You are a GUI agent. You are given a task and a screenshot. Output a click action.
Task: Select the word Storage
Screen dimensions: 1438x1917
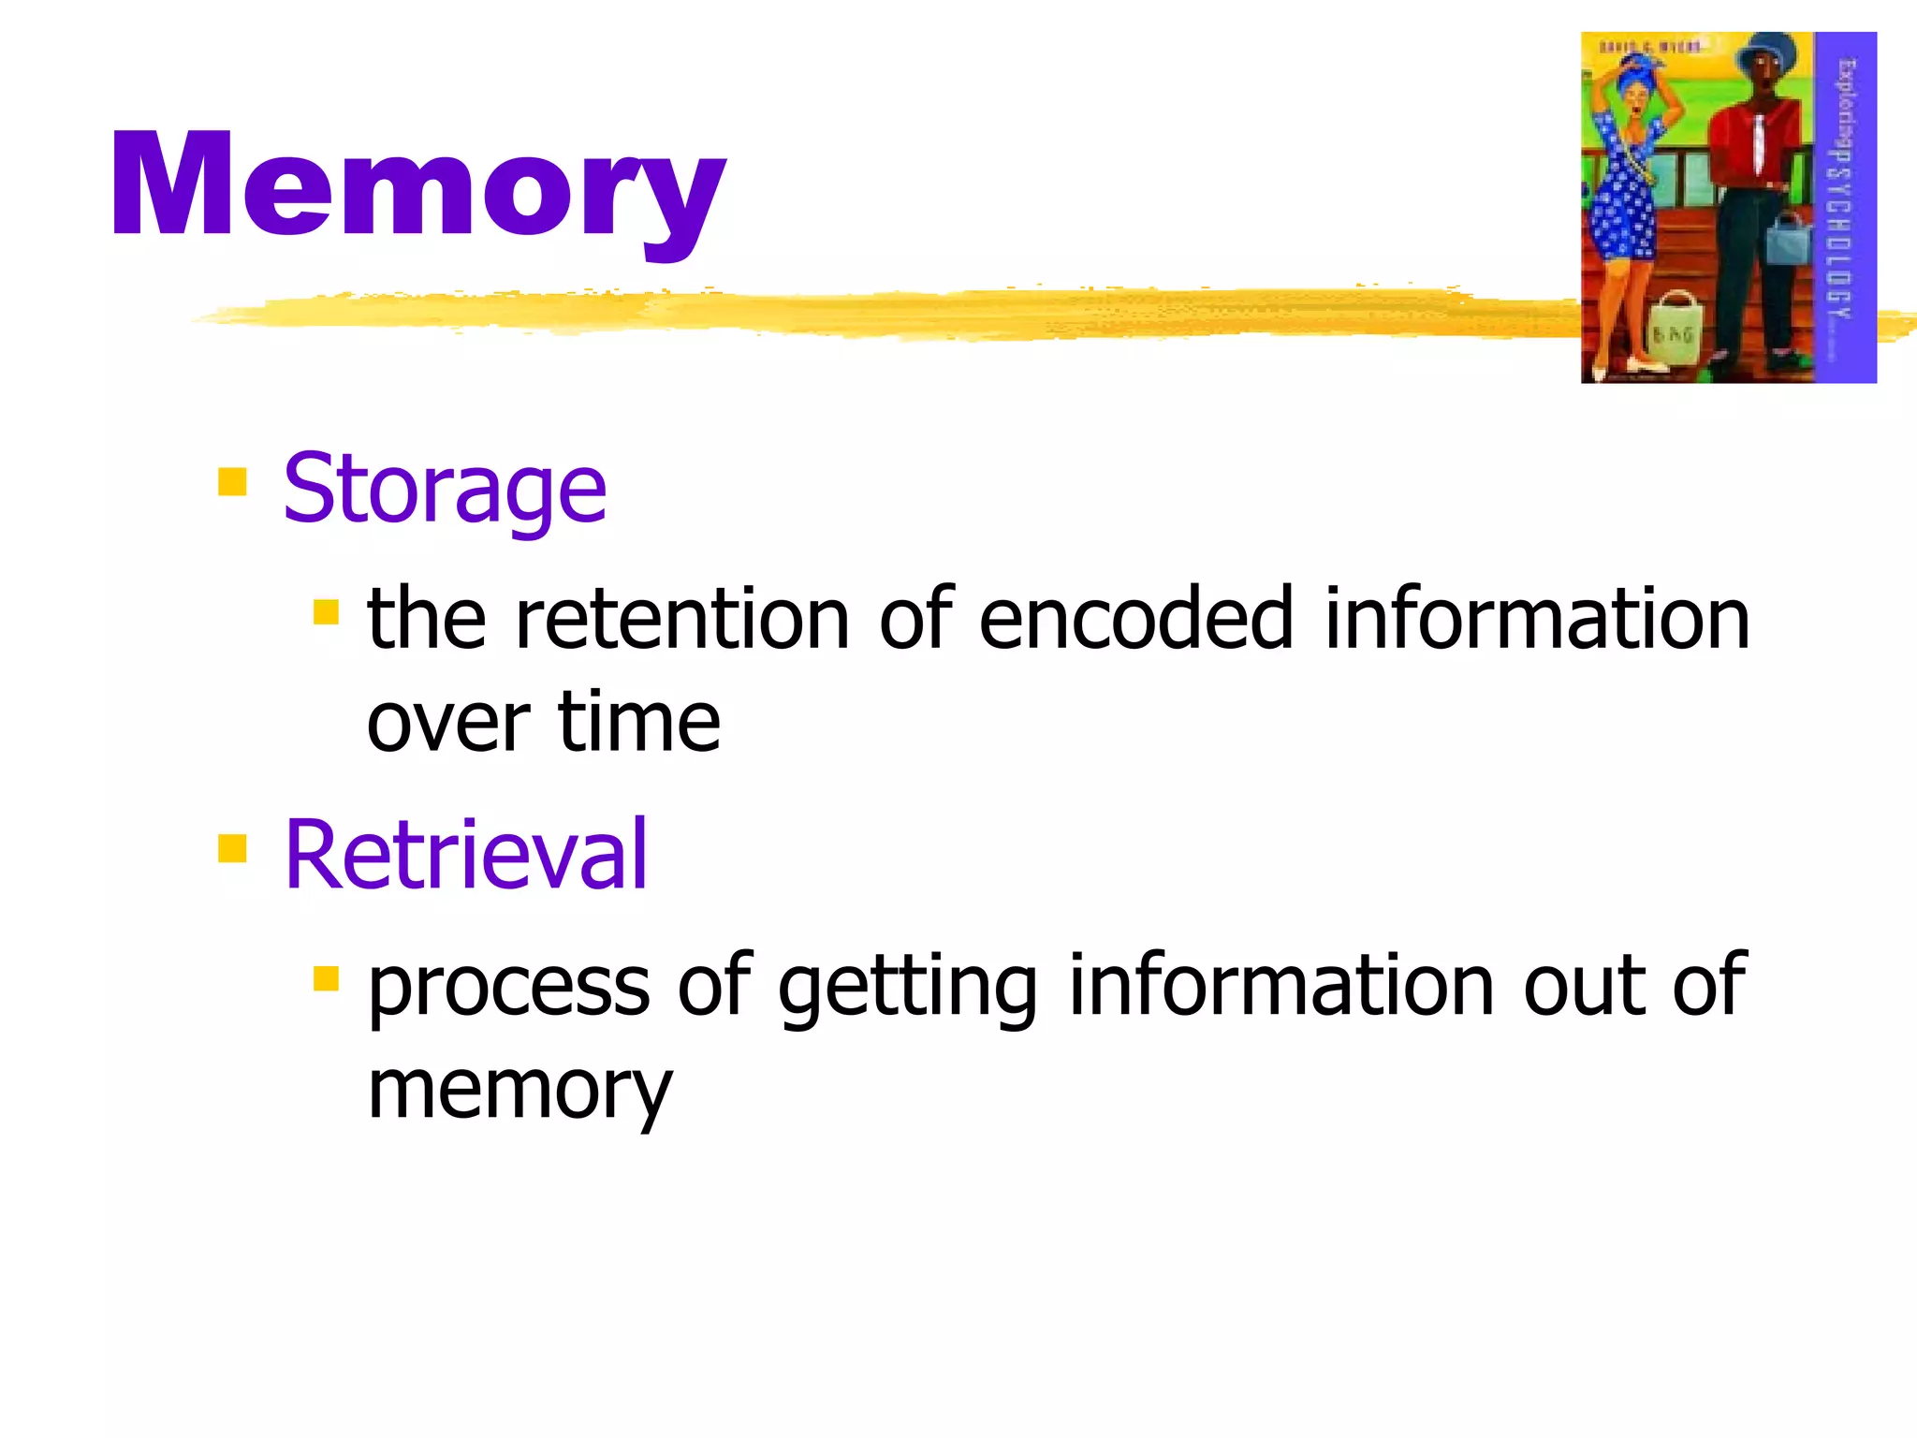[445, 489]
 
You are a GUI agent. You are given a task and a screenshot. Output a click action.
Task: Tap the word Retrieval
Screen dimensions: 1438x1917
[465, 854]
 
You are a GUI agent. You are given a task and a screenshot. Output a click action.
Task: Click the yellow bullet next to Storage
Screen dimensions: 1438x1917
[232, 482]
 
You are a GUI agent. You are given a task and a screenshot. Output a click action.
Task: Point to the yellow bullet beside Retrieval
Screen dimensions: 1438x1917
[232, 848]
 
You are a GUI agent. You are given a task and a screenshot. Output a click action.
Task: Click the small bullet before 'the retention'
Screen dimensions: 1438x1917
[326, 613]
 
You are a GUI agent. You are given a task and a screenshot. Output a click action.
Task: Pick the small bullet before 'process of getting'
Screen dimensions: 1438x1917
[326, 979]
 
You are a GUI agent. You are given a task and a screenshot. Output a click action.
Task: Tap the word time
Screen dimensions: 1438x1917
[638, 723]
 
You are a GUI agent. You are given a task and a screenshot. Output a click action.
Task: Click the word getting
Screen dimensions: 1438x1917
[906, 987]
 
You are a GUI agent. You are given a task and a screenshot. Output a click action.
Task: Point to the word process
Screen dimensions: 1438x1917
[508, 987]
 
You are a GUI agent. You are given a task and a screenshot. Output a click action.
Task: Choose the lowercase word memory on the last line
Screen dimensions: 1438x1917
[519, 1091]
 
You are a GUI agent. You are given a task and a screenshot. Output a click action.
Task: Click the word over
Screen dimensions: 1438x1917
[447, 723]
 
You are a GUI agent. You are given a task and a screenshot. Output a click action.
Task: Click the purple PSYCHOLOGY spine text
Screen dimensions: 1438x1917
[1842, 206]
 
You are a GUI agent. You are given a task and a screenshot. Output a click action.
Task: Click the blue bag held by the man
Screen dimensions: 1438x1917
[1788, 239]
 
